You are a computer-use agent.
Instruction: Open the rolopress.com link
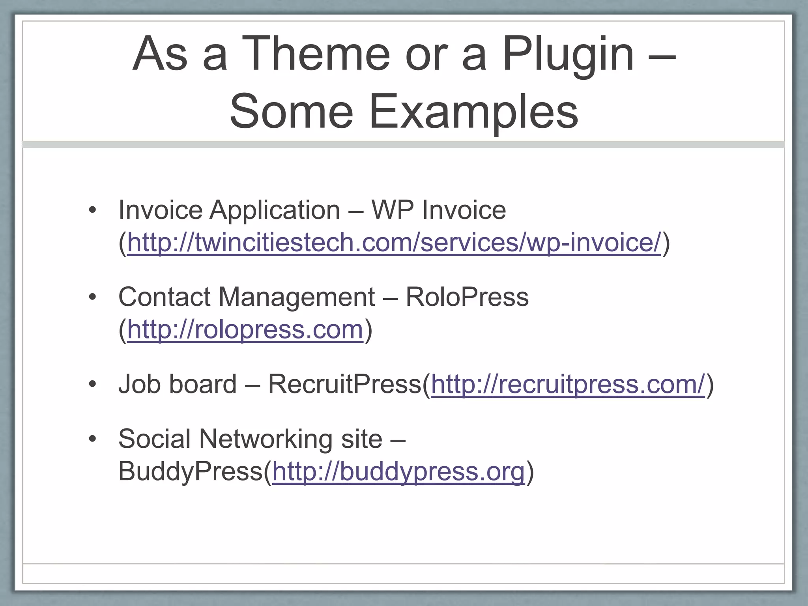tap(245, 329)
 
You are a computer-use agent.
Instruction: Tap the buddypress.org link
tap(398, 471)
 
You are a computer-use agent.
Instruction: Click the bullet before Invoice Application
tap(92, 210)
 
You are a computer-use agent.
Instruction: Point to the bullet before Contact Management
tap(92, 297)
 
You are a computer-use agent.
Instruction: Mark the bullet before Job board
tap(92, 384)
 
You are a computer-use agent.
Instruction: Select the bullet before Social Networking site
tap(92, 439)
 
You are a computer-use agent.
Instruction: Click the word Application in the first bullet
tap(275, 210)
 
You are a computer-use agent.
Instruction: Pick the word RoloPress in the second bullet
tap(467, 297)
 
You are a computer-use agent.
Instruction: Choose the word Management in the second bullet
tap(296, 297)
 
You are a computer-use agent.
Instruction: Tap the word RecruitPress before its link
tap(345, 384)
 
